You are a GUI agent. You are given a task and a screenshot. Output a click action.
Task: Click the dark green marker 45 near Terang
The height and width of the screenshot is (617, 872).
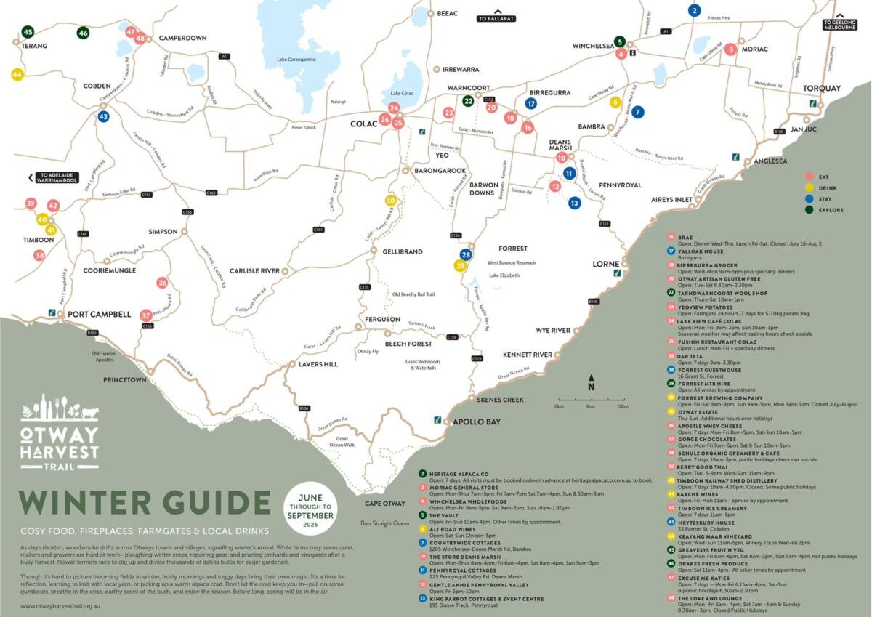(28, 32)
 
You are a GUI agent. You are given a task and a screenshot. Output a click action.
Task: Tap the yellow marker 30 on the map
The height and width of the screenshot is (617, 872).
(390, 201)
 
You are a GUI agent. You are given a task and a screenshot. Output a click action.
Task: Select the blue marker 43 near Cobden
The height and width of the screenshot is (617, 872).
(103, 116)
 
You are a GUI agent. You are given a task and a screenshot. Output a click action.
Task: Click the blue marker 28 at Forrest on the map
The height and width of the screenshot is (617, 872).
(466, 254)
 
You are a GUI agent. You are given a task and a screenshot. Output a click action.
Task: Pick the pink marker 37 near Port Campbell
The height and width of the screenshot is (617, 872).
(146, 315)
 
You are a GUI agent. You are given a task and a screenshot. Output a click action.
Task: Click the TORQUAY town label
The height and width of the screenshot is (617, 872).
(821, 89)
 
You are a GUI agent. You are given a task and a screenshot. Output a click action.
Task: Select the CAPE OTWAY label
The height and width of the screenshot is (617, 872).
(385, 504)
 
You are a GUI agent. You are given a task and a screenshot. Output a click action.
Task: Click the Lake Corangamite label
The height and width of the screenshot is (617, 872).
(296, 59)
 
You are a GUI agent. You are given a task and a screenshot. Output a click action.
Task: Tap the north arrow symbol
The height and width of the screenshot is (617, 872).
(592, 382)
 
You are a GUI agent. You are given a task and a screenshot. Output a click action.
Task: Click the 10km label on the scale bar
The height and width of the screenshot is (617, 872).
(622, 406)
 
